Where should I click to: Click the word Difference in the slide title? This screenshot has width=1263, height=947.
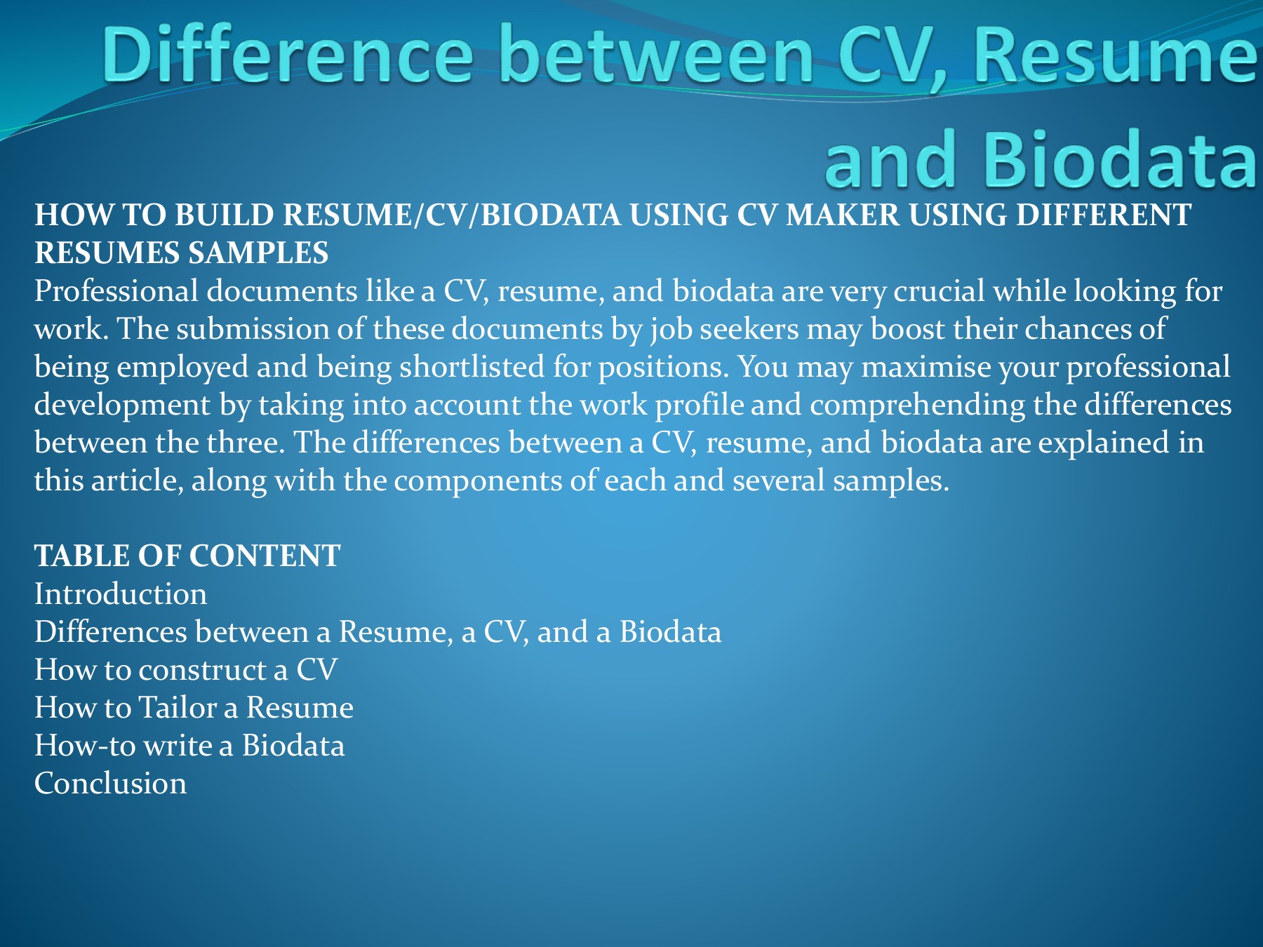[288, 54]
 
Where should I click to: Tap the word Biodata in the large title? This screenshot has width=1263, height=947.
[1121, 159]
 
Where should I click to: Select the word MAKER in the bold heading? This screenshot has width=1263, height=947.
[843, 215]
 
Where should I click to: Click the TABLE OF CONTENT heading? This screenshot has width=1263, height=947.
[187, 556]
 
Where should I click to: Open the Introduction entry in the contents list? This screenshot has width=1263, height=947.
[121, 593]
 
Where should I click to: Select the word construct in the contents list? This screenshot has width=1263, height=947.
[203, 670]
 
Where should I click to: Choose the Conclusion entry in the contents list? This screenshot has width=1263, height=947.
[111, 783]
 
